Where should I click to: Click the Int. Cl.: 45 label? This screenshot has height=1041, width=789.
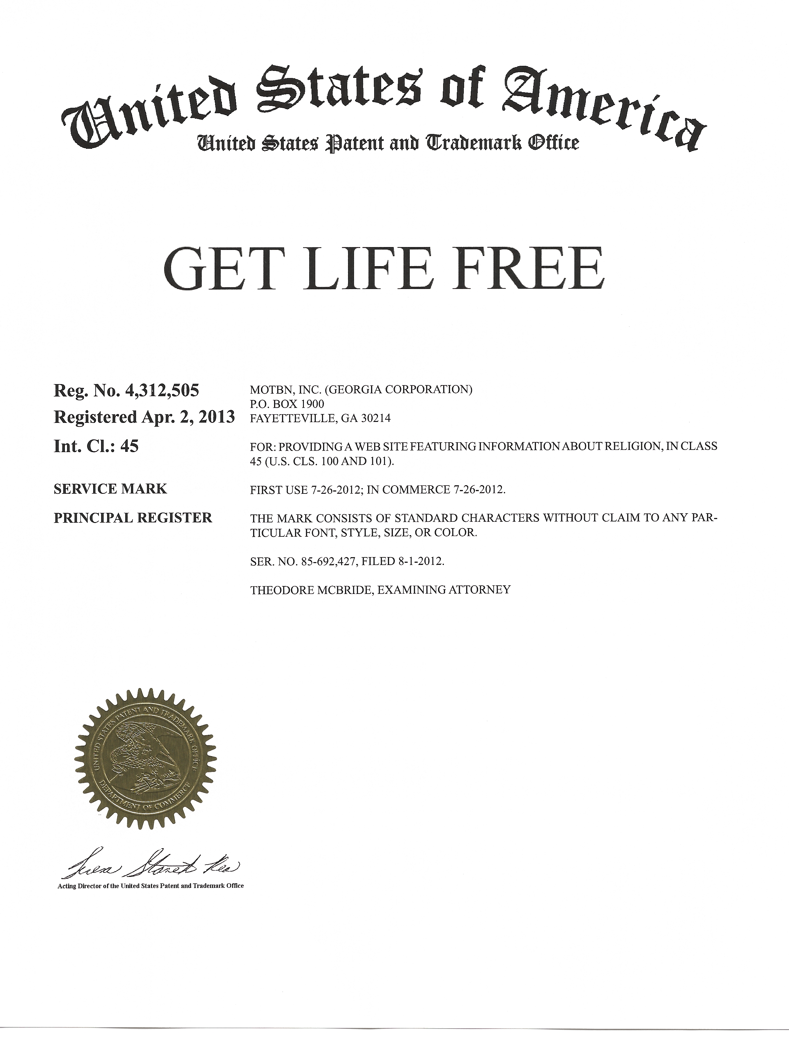[x=96, y=445]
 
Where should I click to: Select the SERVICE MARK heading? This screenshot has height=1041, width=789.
[x=110, y=489]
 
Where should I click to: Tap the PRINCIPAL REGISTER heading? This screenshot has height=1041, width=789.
[x=133, y=518]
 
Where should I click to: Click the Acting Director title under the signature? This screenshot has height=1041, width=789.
[x=151, y=886]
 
